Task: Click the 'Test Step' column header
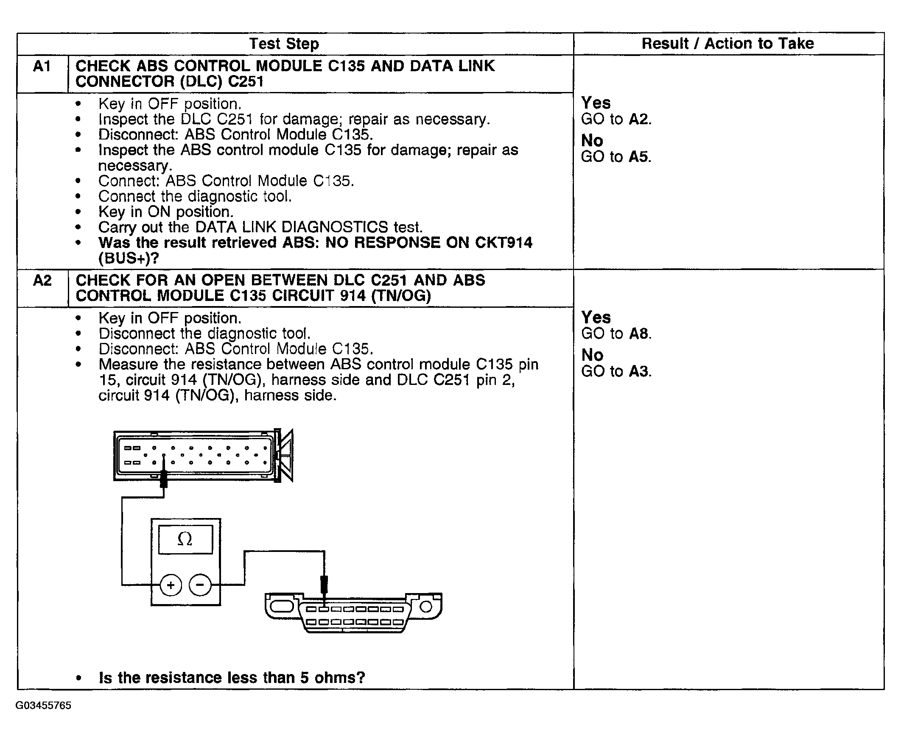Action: click(x=283, y=44)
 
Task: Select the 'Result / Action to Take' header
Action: click(x=728, y=44)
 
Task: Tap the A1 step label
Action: click(x=42, y=66)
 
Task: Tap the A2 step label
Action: click(x=42, y=281)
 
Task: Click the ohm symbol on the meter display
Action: click(x=185, y=540)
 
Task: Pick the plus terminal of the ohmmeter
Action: click(x=171, y=585)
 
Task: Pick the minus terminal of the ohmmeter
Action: click(x=200, y=585)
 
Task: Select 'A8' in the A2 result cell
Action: click(x=638, y=333)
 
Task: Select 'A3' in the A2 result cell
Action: click(x=638, y=371)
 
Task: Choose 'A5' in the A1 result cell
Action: click(x=638, y=157)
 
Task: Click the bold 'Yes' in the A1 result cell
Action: click(x=596, y=103)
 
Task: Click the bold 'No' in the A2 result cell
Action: click(x=592, y=355)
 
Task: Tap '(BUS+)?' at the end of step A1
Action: click(x=129, y=258)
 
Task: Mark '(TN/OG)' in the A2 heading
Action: click(x=401, y=295)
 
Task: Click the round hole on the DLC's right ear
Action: click(x=426, y=607)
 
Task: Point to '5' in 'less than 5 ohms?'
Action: click(x=304, y=677)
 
